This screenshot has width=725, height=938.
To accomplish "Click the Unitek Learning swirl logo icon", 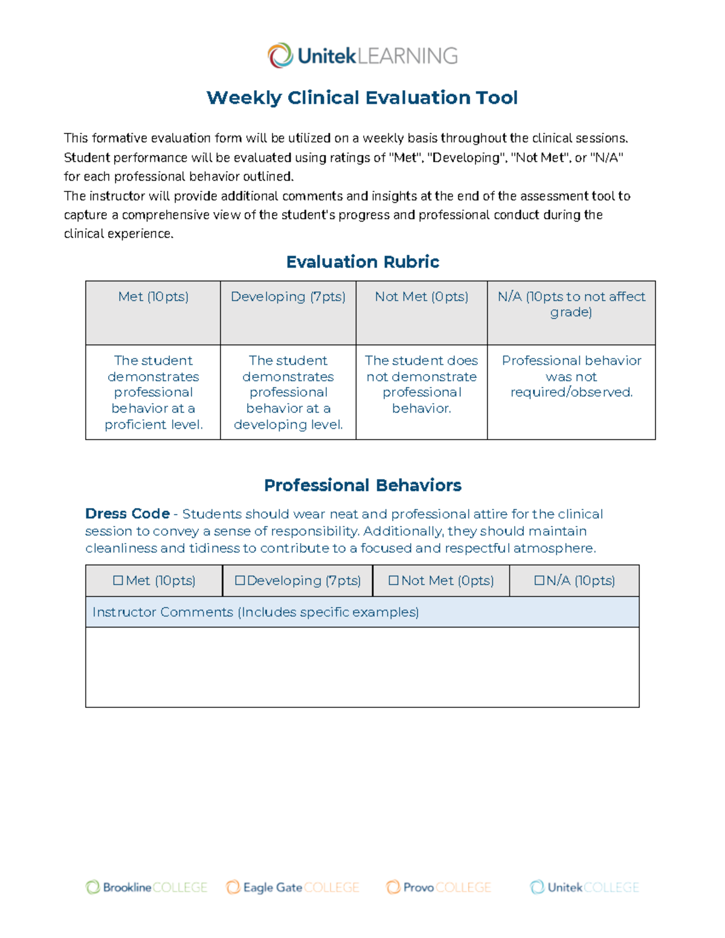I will coord(280,56).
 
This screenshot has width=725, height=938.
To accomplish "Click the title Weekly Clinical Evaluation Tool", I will coord(362,97).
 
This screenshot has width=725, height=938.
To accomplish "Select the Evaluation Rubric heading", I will coord(362,262).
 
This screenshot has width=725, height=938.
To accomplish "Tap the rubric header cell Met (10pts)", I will coord(153,297).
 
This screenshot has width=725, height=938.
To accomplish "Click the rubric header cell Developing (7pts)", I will coord(288,297).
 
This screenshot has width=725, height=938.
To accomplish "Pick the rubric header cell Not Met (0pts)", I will coord(422,297).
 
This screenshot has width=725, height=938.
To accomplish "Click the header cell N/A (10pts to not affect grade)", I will coord(571,304).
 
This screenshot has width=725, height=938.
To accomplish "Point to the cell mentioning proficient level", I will coord(153,392).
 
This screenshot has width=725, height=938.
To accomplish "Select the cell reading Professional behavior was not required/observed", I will coord(571,376).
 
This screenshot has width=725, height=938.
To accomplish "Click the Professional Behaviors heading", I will coord(362,485).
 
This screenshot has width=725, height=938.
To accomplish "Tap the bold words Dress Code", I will coord(127,513).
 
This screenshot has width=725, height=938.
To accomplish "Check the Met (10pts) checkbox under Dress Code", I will coord(118,580).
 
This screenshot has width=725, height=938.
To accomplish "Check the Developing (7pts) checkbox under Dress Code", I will coord(240,580).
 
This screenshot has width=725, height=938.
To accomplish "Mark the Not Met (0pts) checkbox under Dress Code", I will coord(393,580).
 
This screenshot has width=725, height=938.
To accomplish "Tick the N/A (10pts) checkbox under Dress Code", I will coord(540,580).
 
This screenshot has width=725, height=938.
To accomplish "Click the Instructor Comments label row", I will coord(256,612).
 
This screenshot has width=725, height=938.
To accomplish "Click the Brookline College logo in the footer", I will coord(146,887).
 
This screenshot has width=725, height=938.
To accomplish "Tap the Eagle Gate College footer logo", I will coord(292,887).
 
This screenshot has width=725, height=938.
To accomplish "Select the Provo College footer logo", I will coord(439,887).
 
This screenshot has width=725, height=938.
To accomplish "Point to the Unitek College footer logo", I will coord(584,887).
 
